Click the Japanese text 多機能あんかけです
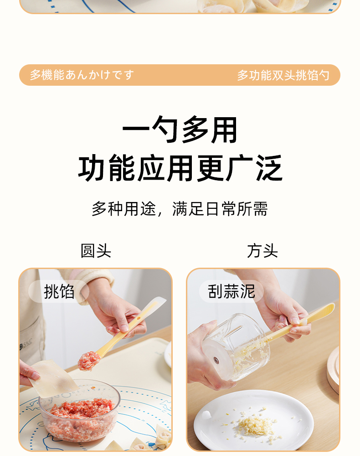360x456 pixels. [82, 75]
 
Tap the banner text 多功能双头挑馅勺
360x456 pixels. [283, 75]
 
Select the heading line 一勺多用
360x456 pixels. [180, 130]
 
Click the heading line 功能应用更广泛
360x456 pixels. [180, 168]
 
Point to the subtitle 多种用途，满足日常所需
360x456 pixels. [180, 209]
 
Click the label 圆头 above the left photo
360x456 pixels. [96, 251]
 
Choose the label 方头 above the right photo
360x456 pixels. [262, 251]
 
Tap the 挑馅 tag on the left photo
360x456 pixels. [59, 291]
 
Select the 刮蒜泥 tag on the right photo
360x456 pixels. [231, 291]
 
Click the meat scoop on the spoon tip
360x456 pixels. [89, 360]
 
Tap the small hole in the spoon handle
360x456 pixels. [139, 318]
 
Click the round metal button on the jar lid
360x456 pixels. [216, 360]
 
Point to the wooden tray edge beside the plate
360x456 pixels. [334, 370]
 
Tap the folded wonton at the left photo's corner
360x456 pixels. [163, 436]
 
